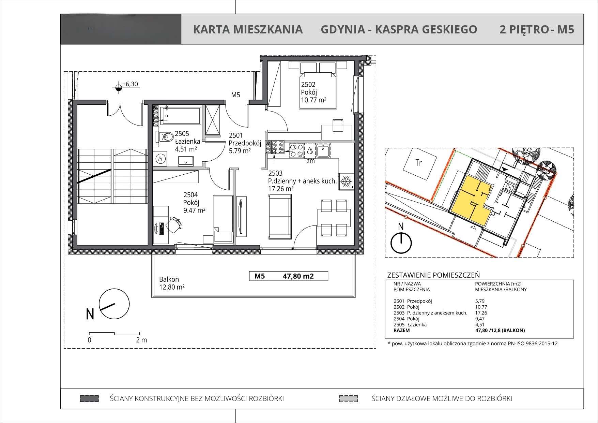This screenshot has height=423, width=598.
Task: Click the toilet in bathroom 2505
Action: (164, 137)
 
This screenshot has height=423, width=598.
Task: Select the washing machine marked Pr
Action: (160, 159)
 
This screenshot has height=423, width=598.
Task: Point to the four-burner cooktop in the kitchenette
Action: (296, 150)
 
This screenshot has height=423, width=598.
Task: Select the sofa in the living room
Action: (280, 216)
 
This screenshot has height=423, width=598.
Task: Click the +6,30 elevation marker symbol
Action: (118, 88)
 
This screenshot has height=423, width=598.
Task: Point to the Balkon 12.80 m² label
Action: (172, 283)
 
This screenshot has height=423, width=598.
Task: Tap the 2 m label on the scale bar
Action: (141, 340)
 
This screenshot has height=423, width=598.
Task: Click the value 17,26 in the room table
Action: (481, 313)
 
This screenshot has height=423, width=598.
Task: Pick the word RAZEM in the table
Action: (401, 330)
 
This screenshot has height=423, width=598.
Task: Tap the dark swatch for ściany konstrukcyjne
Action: (89, 398)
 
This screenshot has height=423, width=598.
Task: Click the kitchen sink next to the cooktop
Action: (323, 150)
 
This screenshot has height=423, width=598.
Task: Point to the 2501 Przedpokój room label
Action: (245, 143)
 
